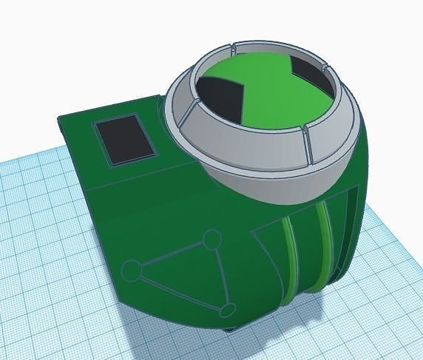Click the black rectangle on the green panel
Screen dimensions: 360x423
click(123, 138)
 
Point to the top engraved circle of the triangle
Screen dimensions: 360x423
click(212, 239)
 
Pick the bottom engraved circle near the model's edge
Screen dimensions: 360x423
click(229, 309)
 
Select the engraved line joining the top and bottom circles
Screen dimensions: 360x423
click(220, 274)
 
